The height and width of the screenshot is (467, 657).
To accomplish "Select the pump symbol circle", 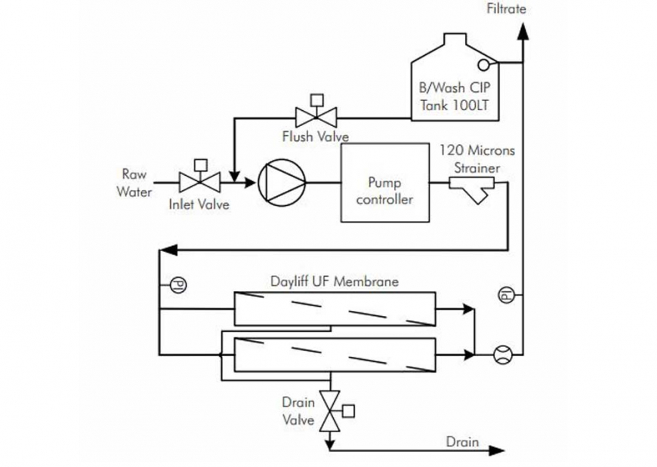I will click(282, 183).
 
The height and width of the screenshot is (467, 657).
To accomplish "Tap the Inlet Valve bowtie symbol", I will click(199, 182).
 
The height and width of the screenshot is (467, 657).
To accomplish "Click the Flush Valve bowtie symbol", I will click(316, 117).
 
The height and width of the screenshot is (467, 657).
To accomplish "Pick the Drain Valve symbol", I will click(329, 411).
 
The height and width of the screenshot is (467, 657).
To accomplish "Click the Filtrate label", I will click(506, 9).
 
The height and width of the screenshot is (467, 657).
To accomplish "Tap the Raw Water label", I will click(134, 183).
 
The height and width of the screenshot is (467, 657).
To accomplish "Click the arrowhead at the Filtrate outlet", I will click(522, 30).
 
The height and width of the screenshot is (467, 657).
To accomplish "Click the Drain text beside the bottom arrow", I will click(462, 441).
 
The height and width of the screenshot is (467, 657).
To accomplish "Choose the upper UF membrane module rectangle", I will click(335, 309).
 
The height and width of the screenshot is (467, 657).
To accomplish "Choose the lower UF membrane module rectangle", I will click(335, 354).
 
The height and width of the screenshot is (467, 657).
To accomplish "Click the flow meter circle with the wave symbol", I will click(502, 355).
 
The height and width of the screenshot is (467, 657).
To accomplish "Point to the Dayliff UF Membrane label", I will click(335, 281).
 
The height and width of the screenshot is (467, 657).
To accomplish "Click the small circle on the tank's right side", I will click(483, 65).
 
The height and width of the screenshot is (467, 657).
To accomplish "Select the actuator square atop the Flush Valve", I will click(317, 99).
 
